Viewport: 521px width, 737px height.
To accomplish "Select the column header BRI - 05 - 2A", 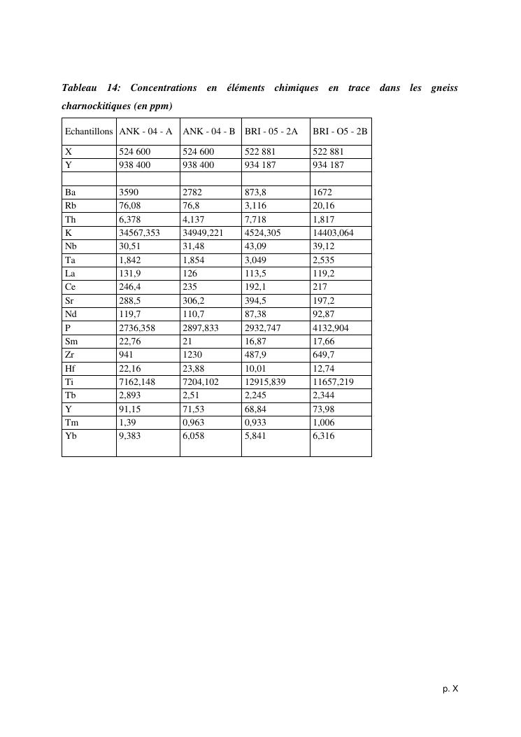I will pyautogui.click(x=271, y=131).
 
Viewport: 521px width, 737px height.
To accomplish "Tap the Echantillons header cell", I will pyautogui.click(x=89, y=131).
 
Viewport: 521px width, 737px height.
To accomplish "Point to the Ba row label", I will pyautogui.click(x=70, y=192).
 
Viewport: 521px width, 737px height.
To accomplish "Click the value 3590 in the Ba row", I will pyautogui.click(x=129, y=192).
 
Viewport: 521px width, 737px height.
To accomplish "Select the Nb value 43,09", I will pyautogui.click(x=256, y=246).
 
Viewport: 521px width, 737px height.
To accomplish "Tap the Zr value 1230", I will pyautogui.click(x=192, y=354).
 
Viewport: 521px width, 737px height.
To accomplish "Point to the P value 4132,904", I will pyautogui.click(x=331, y=327).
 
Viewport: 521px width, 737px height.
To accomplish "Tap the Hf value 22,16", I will pyautogui.click(x=130, y=367).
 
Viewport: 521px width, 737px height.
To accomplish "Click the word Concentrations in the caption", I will pyautogui.click(x=164, y=88).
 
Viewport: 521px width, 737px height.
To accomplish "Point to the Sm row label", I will pyautogui.click(x=71, y=340).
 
